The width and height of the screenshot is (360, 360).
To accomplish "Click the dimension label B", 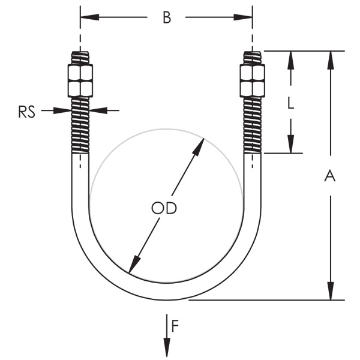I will pos(167,17).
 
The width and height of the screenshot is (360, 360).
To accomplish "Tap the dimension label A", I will pos(329,176).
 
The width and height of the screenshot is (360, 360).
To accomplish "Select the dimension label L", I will pos(290,103).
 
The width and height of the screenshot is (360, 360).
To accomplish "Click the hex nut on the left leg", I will pos(80,81).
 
